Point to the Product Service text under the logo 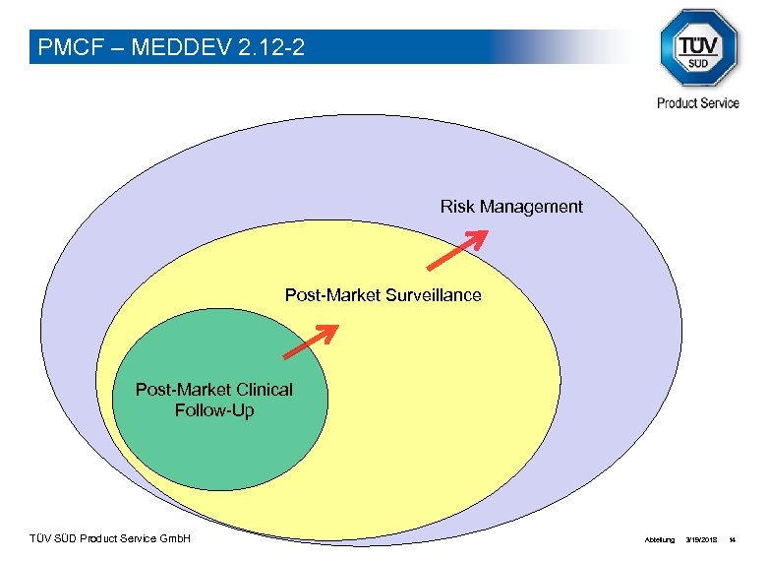tap(698, 103)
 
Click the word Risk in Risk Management tap(458, 207)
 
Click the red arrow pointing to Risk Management tap(457, 249)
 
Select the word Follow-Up tap(214, 410)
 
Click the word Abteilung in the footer tap(659, 540)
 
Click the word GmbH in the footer tap(175, 539)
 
